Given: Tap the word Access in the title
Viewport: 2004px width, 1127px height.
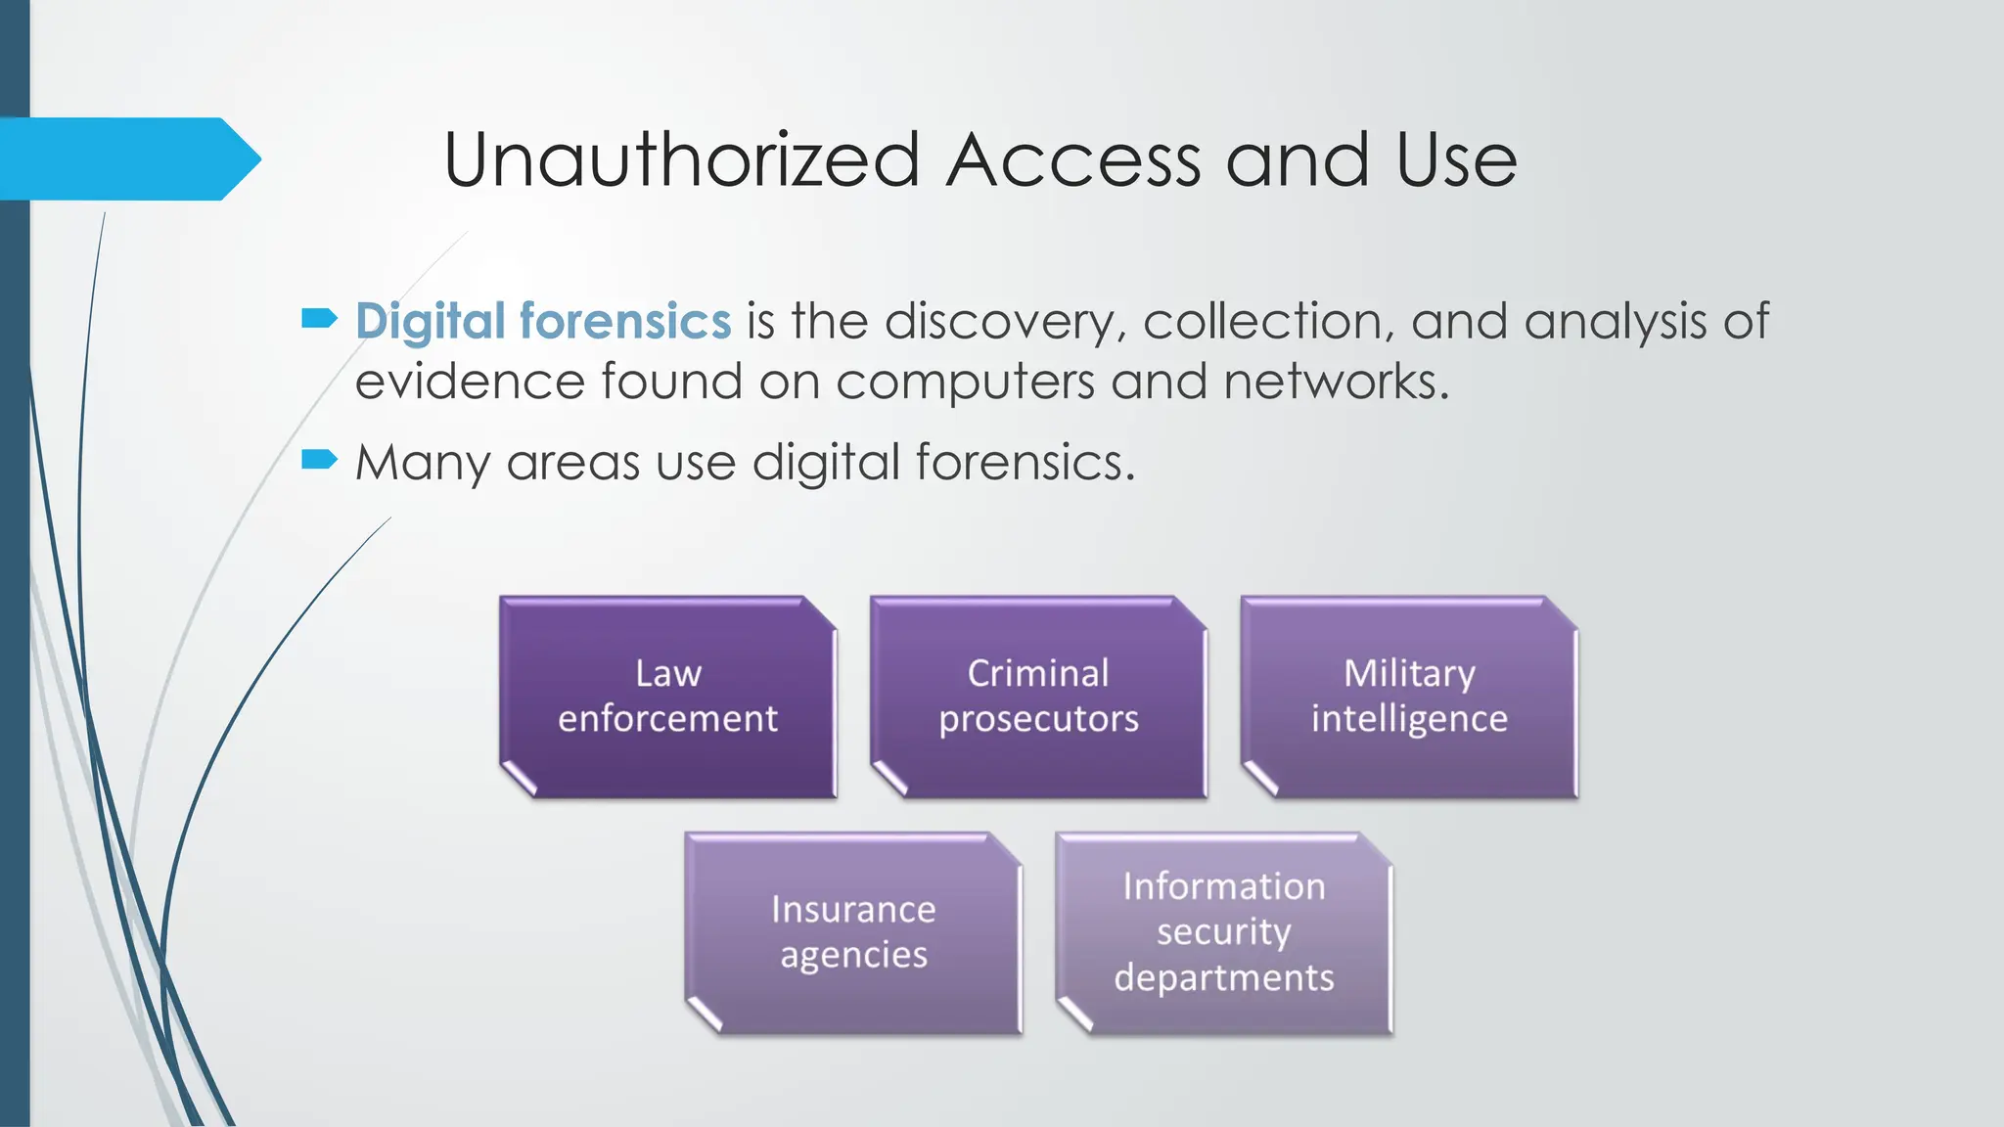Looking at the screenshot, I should point(1073,160).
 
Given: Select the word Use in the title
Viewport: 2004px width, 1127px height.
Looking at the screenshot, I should point(1456,160).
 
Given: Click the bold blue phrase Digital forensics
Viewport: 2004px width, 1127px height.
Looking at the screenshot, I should point(543,321).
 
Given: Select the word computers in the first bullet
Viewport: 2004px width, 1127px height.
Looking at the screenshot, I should point(965,381).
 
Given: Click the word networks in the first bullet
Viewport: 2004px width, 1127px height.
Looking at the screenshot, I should point(1336,381).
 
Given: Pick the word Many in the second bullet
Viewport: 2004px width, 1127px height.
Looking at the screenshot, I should point(423,462).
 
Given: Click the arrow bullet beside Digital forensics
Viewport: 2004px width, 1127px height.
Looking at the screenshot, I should point(319,317).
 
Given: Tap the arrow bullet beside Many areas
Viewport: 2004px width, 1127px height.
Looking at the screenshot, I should point(319,459).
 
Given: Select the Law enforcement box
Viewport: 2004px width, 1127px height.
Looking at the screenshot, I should point(668,697).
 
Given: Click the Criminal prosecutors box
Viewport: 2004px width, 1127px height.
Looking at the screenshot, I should point(1038,697).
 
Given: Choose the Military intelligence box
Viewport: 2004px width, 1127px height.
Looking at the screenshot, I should point(1409,697).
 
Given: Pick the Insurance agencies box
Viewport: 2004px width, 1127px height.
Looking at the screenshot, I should point(853,933).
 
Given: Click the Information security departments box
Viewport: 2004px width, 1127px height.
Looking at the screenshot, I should point(1223,933).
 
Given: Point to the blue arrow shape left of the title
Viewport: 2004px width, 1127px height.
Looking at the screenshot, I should point(127,158).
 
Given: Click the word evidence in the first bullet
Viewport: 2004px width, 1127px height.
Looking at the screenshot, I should point(469,381).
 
